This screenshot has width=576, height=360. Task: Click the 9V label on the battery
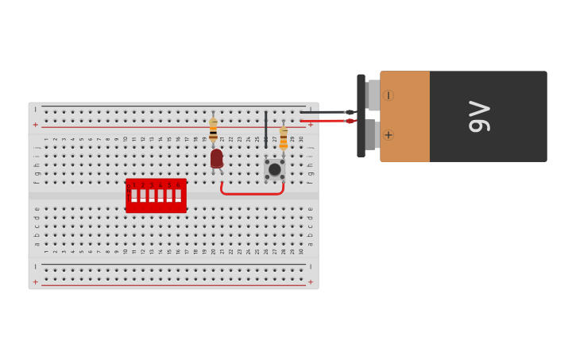point(479,116)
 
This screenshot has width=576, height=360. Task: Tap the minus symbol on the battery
point(389,95)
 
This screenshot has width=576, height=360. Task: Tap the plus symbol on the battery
point(389,135)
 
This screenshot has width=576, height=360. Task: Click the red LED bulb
point(216,158)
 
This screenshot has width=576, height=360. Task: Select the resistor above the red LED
point(213,130)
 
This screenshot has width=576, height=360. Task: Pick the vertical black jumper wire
point(266,129)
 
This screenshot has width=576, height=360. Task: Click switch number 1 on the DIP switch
point(134,195)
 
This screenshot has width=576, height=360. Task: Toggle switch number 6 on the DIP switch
point(178,195)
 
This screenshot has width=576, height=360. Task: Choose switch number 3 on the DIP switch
point(152,195)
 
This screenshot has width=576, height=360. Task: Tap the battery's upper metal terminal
point(373,95)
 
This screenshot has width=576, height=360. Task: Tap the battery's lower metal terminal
point(370,134)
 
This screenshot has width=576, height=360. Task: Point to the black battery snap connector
point(361,116)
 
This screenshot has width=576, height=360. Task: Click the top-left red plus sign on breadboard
point(35,125)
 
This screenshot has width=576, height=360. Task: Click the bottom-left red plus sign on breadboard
point(35,281)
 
